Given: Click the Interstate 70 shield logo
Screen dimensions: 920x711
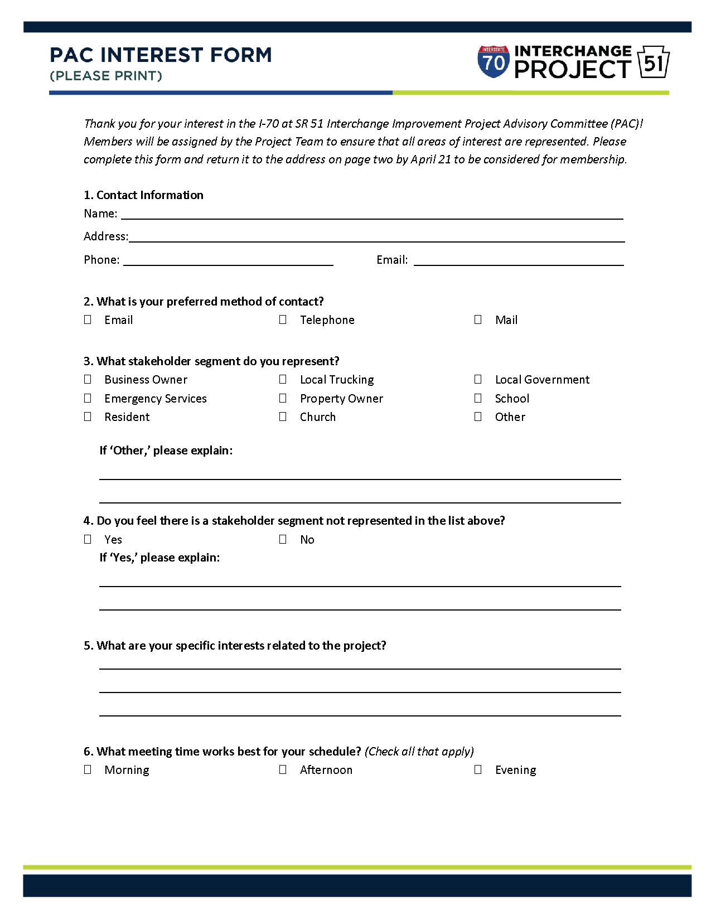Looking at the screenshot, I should (494, 62).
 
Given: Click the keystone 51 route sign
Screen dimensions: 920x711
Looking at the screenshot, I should (653, 62).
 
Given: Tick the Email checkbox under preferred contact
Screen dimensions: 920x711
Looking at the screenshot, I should (88, 319).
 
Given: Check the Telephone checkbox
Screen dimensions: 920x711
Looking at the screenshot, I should (283, 319).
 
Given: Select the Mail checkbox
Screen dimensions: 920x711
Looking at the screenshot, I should (478, 319).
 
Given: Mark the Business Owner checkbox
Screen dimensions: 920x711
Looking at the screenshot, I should (88, 379).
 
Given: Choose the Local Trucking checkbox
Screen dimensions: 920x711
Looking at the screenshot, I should (283, 379).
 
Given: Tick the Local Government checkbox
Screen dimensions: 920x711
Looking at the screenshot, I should (478, 379).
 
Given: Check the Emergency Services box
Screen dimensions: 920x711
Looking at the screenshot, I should (88, 398).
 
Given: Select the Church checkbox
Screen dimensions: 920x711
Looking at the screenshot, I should (283, 417).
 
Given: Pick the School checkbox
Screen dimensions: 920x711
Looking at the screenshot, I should (478, 398).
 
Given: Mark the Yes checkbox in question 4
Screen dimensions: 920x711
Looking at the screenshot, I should (88, 539).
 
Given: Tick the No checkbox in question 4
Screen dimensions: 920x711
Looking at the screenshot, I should (283, 539).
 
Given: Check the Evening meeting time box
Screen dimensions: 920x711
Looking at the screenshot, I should (478, 769).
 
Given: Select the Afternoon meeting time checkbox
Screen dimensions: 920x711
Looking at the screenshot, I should (283, 769).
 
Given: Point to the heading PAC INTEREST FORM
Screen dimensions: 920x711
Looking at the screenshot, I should (161, 55).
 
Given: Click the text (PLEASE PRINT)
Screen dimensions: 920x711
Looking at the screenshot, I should (106, 76).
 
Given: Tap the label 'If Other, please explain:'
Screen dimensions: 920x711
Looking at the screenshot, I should (166, 451).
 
